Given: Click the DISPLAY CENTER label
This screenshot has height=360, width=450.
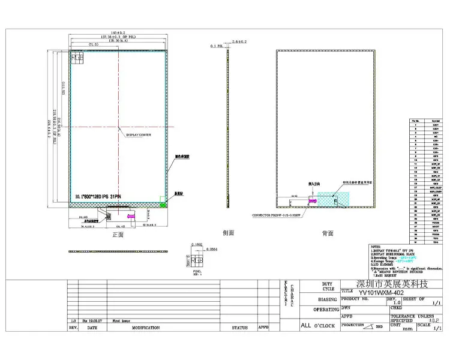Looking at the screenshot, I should [x=138, y=135].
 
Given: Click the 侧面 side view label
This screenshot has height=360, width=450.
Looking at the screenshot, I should [x=228, y=232].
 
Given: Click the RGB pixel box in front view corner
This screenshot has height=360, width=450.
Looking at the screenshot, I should [x=77, y=57].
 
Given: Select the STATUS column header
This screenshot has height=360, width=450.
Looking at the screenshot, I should [x=240, y=328].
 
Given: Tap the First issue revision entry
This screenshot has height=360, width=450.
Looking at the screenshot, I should [x=122, y=321].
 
